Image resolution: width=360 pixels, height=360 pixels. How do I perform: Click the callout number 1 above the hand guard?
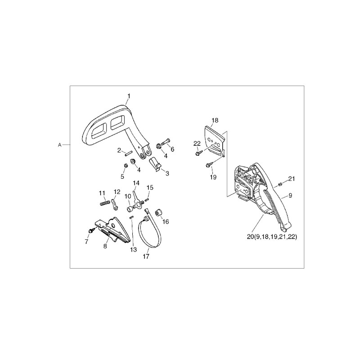[129, 96]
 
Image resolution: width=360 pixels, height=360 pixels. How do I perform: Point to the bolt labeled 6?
[165, 141]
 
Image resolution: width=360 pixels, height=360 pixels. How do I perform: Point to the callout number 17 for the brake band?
[146, 256]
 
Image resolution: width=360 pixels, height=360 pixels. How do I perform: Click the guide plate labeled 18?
[214, 139]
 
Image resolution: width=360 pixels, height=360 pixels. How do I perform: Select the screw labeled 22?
[198, 153]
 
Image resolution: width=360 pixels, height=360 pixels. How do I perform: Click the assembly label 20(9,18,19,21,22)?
[272, 237]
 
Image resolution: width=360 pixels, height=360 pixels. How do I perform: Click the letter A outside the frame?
[60, 145]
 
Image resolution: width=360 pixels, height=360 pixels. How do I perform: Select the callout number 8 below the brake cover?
[105, 246]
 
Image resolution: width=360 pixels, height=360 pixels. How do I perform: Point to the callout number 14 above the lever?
[136, 183]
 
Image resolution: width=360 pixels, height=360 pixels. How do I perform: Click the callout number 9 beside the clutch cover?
[290, 195]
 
